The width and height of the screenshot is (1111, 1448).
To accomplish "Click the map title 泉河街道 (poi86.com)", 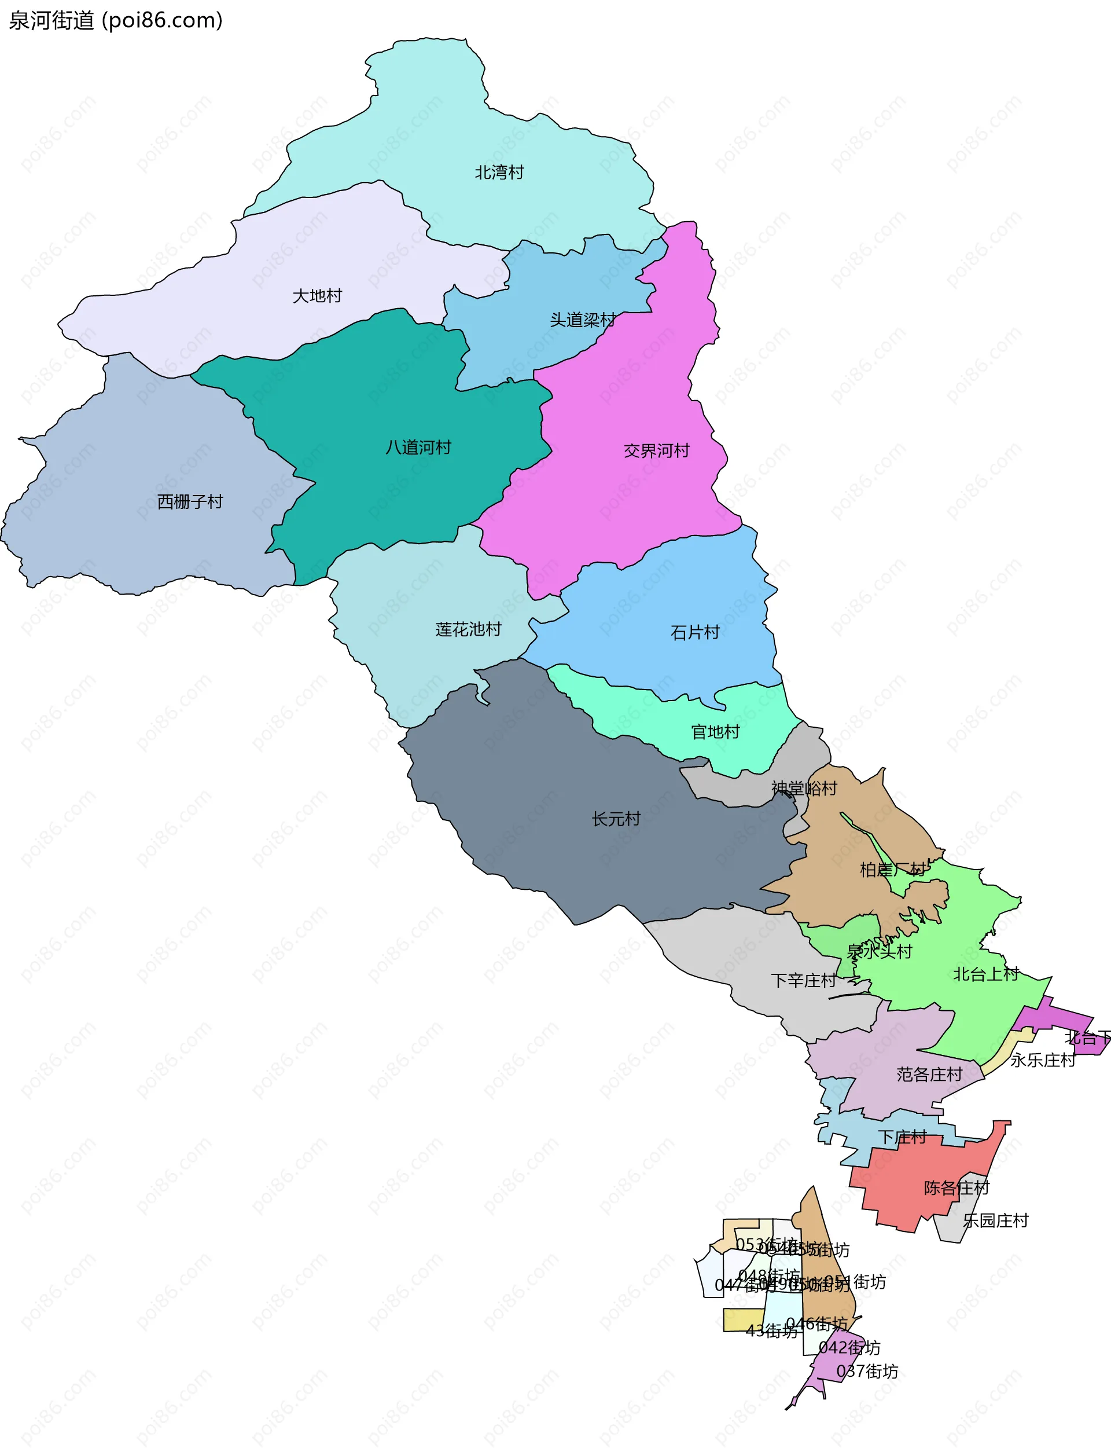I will coord(116,20).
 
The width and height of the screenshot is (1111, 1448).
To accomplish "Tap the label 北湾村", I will coord(499,173).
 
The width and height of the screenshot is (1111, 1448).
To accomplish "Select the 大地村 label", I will coord(318,296).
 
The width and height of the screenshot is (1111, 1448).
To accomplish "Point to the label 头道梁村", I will coord(583,320).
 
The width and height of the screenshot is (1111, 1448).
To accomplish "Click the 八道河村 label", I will coord(418,448).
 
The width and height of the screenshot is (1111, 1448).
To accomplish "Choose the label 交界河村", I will coord(657,451).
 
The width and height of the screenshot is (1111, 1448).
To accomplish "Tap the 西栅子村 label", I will coord(190,502).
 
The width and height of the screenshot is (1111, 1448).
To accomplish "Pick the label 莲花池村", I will coord(468,630).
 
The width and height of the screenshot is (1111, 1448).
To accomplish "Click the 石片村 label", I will coord(695,633).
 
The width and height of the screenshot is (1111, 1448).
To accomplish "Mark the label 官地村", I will coord(715,732).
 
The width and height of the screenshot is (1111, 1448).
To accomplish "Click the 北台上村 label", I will coord(986,974).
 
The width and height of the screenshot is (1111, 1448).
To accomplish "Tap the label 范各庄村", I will coord(929,1075).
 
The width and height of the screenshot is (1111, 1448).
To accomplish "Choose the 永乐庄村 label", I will coord(1042,1060).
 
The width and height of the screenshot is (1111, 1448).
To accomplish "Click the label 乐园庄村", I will coord(995,1220).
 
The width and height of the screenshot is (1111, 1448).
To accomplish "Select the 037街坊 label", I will coord(867,1371).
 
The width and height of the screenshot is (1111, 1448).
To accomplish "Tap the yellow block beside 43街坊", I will coord(742,1319).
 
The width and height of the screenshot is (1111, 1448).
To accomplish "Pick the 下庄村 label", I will coord(902,1137).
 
